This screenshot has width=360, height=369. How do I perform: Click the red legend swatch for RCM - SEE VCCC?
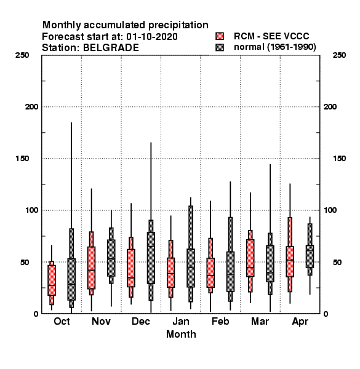click(x=220, y=36)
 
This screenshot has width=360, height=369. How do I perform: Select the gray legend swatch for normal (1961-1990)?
click(x=220, y=47)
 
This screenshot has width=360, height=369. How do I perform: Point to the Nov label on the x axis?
click(x=102, y=321)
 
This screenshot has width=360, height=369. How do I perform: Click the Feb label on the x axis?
click(x=220, y=321)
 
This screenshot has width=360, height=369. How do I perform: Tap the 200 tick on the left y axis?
click(x=31, y=106)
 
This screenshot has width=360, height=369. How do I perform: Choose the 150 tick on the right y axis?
click(x=339, y=159)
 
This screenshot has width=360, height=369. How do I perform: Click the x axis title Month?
click(x=181, y=334)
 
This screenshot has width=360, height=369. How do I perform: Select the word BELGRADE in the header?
click(x=111, y=48)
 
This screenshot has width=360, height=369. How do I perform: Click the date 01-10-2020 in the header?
click(x=152, y=36)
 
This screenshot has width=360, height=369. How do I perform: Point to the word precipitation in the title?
click(x=178, y=25)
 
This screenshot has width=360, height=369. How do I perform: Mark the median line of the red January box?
click(x=171, y=274)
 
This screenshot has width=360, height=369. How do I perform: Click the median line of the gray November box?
click(x=111, y=259)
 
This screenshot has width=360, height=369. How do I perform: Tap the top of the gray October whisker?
click(x=71, y=122)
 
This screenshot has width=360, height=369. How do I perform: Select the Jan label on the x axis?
click(x=181, y=321)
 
